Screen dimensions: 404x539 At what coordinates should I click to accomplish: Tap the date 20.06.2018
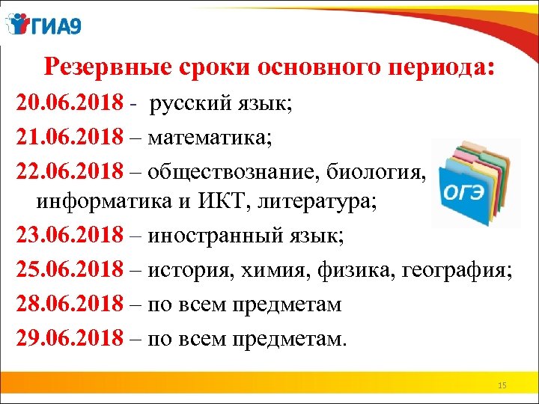pyautogui.click(x=70, y=104)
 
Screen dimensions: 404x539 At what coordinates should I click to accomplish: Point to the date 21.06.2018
pyautogui.click(x=70, y=138)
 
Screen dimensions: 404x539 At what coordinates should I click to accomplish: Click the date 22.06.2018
pyautogui.click(x=70, y=171)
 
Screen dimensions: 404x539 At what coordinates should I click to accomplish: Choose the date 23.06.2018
pyautogui.click(x=70, y=238)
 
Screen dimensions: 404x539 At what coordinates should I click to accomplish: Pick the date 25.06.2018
pyautogui.click(x=70, y=272)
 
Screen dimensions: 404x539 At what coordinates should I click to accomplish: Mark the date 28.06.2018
pyautogui.click(x=70, y=305)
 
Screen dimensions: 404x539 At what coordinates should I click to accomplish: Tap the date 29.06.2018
pyautogui.click(x=70, y=339)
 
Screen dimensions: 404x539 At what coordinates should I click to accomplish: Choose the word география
pyautogui.click(x=463, y=272)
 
